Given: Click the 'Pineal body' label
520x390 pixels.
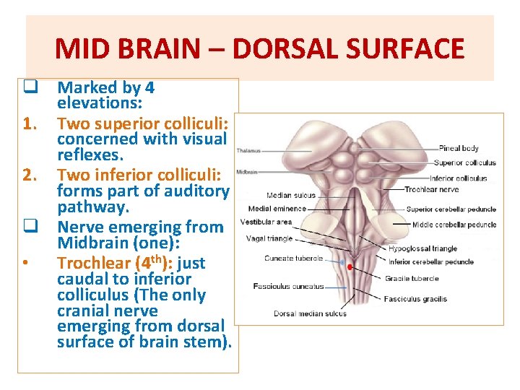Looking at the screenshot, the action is click(x=458, y=148).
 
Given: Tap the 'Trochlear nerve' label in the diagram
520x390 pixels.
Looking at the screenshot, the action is click(x=430, y=189).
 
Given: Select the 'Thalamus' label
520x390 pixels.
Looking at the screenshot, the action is click(x=250, y=151).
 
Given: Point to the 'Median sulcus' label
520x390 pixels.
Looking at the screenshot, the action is click(x=290, y=195).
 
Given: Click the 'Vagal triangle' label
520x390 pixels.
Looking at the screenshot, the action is click(x=269, y=238).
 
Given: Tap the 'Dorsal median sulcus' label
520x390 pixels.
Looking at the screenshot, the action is click(x=310, y=313).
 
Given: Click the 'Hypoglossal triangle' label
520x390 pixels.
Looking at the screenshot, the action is click(x=422, y=248).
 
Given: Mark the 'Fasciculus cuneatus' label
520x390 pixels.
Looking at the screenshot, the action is click(x=289, y=287).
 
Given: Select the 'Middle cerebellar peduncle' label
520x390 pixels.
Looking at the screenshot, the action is click(x=454, y=225).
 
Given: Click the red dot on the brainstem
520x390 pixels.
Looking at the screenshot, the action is click(x=350, y=267).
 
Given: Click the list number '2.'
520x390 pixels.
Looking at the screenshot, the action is click(x=29, y=174).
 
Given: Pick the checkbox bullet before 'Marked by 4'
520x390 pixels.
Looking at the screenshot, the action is click(x=30, y=87).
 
